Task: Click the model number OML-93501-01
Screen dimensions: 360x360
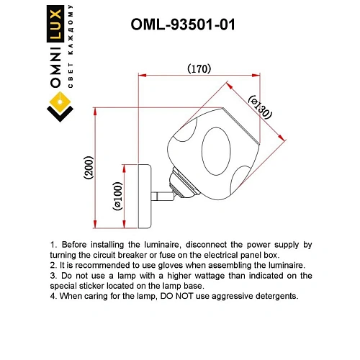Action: (183, 24)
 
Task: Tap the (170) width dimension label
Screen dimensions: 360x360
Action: (199, 68)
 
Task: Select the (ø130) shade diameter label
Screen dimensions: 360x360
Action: (261, 107)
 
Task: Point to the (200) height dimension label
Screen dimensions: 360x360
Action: (89, 168)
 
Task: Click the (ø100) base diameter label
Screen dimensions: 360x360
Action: (117, 197)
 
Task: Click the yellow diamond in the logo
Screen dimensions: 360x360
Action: (60, 102)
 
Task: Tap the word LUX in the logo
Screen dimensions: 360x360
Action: (55, 24)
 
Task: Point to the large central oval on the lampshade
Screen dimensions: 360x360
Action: (216, 151)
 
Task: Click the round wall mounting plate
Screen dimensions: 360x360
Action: (145, 197)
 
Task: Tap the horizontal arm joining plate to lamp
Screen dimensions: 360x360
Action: (162, 196)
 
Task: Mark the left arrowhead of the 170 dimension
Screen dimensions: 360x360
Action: (143, 76)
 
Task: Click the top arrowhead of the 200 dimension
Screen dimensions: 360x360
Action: (95, 112)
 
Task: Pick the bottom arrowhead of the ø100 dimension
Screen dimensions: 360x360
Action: (124, 224)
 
